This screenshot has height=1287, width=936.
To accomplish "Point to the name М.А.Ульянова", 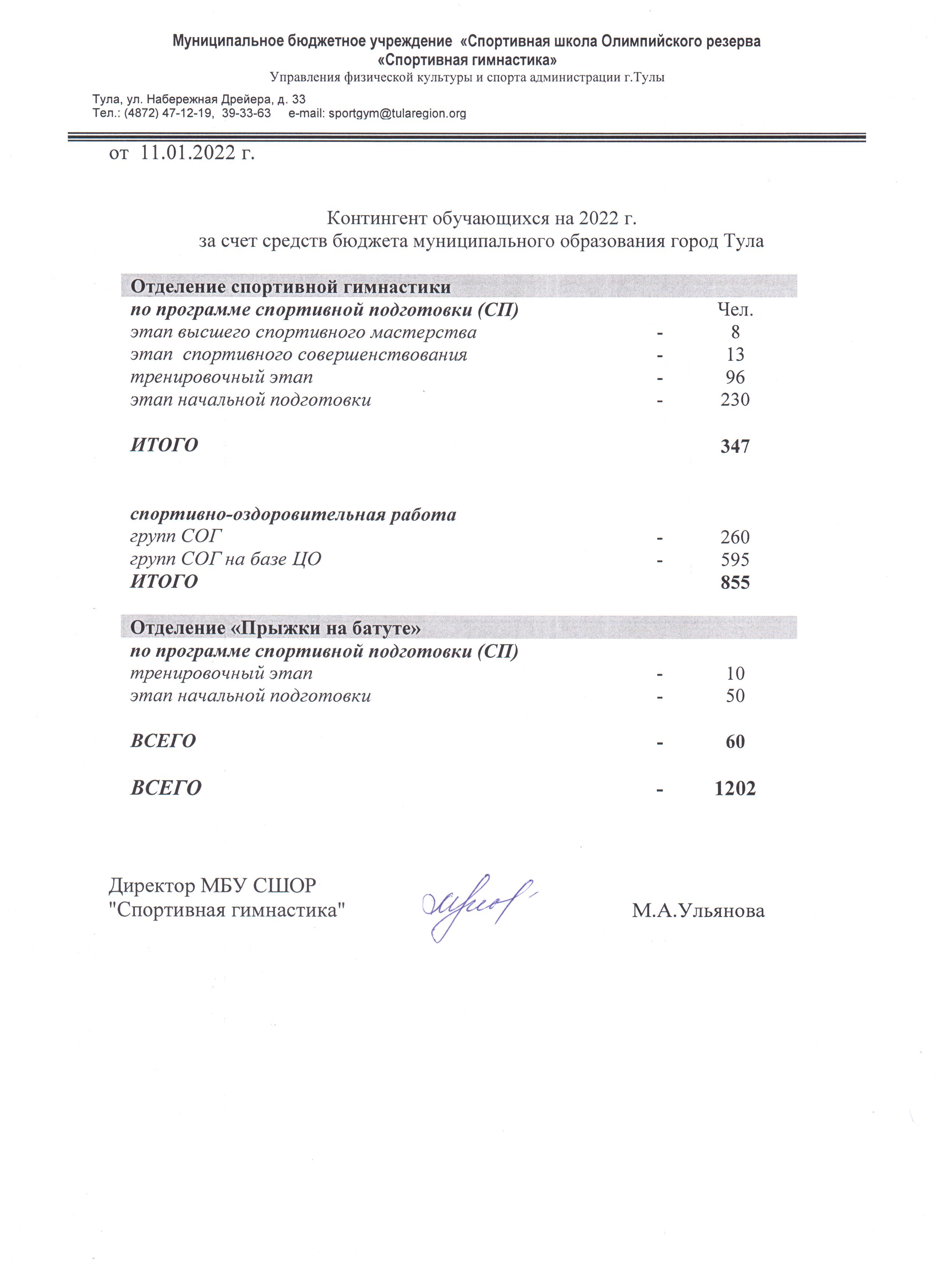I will click(698, 911).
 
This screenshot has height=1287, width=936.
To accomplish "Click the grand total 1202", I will click(735, 788).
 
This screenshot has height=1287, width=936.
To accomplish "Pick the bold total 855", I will click(735, 583).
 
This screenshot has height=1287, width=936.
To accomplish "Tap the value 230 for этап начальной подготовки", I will click(735, 400).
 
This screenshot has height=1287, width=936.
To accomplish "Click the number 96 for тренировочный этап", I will click(735, 377).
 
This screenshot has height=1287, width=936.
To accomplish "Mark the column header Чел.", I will click(735, 310).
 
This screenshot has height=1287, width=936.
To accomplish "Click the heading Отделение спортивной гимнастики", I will click(290, 287).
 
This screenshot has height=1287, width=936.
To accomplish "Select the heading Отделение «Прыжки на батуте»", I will click(276, 628).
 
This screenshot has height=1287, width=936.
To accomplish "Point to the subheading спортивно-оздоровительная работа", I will click(293, 515).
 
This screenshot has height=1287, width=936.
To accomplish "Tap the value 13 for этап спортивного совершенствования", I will click(735, 355).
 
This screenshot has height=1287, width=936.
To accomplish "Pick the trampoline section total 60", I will click(735, 742).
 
